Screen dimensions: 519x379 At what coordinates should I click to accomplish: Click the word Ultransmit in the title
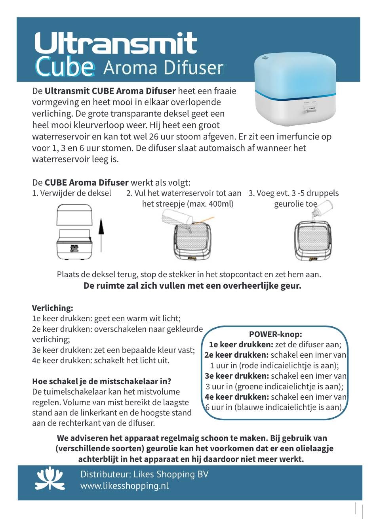tap(116, 44)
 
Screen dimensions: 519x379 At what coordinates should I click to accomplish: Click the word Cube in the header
tap(65, 67)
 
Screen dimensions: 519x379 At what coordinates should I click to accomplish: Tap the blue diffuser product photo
tap(295, 90)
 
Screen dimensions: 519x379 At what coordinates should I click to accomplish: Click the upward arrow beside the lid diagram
tap(101, 234)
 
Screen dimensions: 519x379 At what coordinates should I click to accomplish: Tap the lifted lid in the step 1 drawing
tap(75, 215)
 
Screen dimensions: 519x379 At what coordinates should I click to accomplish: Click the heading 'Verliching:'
tap(53, 308)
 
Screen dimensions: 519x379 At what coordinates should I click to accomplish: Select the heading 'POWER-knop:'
tap(276, 334)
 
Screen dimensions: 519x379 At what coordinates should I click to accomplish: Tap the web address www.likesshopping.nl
tap(124, 486)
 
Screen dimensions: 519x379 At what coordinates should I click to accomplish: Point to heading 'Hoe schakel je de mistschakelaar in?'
tap(101, 381)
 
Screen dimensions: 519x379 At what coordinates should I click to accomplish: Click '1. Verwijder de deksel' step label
tap(72, 193)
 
